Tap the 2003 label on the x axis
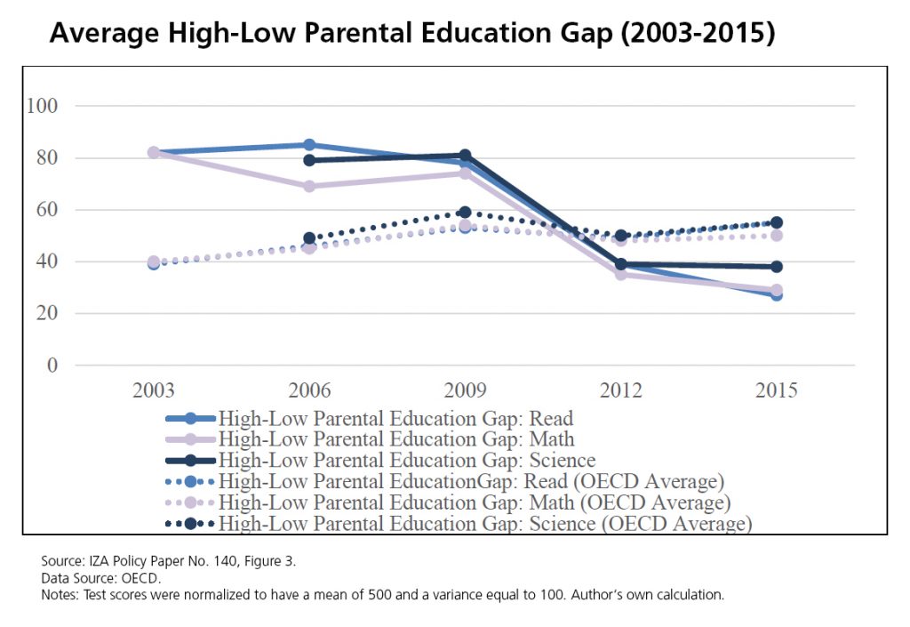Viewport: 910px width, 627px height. (154, 391)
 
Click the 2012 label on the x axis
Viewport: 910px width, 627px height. (619, 391)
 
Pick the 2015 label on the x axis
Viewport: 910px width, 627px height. (775, 391)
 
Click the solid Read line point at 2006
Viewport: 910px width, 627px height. (309, 145)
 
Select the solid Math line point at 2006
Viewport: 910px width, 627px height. (309, 187)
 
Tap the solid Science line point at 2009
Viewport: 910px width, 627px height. (465, 157)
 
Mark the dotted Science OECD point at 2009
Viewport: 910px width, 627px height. (465, 213)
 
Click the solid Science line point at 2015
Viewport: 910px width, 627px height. (776, 267)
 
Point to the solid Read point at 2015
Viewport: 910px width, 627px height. (776, 295)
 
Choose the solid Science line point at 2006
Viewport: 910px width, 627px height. (309, 160)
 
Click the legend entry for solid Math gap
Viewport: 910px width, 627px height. (396, 439)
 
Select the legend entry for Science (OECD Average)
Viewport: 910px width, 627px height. (485, 524)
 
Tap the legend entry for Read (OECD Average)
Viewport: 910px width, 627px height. (471, 482)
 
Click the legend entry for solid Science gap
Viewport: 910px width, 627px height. (407, 461)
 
